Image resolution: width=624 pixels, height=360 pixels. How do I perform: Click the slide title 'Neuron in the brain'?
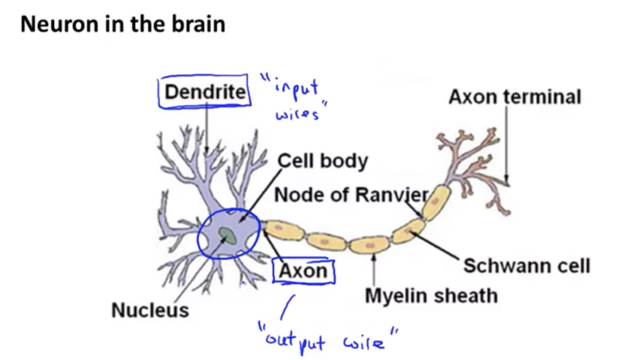point(123,25)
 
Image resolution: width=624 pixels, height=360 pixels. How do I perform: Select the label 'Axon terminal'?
point(514,97)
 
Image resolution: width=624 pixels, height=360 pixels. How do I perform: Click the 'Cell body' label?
point(323,160)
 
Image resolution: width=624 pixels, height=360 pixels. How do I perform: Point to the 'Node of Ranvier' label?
point(352,196)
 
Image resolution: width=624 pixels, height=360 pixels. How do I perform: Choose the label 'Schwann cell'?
point(526,266)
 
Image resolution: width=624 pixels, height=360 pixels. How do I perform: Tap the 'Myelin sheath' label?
point(431,295)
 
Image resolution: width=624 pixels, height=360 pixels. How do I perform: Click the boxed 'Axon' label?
point(303,271)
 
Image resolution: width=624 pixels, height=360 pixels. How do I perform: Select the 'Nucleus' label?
point(150,310)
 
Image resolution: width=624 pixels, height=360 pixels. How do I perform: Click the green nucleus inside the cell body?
point(227,235)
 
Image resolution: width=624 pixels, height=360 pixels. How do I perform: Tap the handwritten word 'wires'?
point(296,114)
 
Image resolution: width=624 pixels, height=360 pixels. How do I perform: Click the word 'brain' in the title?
point(199,25)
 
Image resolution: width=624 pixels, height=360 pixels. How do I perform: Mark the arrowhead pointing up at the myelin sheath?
point(374,257)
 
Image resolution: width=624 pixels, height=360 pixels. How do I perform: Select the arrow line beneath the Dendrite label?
point(207,129)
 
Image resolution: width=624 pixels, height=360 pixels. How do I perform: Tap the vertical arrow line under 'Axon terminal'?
point(506,145)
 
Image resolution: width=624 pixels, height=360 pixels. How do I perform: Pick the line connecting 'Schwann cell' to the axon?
point(437,247)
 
